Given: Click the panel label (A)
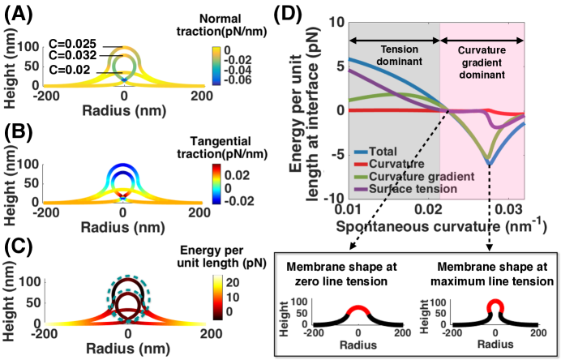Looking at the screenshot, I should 16,13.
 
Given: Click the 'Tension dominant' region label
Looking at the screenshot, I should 393,52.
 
